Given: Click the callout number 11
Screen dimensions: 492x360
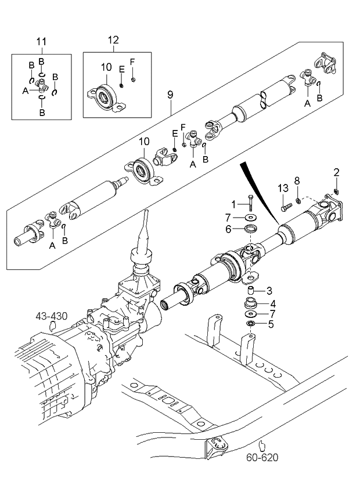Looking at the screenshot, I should [41, 42].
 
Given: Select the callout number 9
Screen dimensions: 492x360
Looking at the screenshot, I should [170, 93].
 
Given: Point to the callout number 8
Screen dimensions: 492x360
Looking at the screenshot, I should [297, 181].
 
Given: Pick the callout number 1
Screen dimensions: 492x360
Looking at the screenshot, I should [234, 204].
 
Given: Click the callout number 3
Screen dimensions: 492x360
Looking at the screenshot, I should [269, 290].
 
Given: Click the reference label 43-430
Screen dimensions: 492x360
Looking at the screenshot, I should [52, 316].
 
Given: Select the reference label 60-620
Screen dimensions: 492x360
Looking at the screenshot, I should [261, 457].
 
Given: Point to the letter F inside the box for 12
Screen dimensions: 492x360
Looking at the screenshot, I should [132, 62].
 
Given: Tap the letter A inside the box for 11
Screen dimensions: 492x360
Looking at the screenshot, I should [26, 91].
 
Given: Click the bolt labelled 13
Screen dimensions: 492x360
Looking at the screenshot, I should [286, 205].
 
